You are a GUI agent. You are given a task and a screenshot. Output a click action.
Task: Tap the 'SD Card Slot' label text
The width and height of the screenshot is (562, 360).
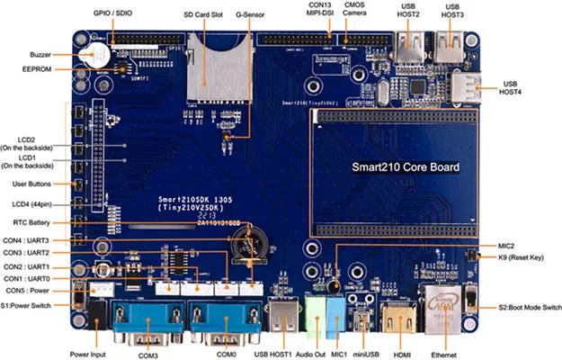[203, 15]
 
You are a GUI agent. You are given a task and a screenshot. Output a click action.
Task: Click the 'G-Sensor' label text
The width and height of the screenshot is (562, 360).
[250, 15]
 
